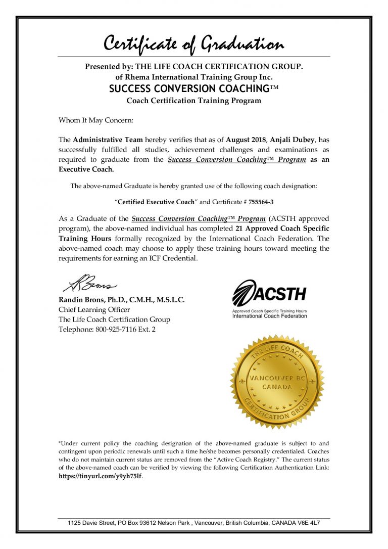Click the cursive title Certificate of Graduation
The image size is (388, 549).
pos(193,44)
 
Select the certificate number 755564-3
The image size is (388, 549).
pos(265,202)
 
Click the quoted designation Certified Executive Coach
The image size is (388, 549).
pos(156,202)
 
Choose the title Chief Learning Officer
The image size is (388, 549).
pos(94,309)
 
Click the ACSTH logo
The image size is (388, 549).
pos(269,293)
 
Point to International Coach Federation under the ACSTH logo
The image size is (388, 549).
pos(269,316)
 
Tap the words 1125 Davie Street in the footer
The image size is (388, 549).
pos(89,523)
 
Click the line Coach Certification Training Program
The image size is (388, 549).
pos(193,100)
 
